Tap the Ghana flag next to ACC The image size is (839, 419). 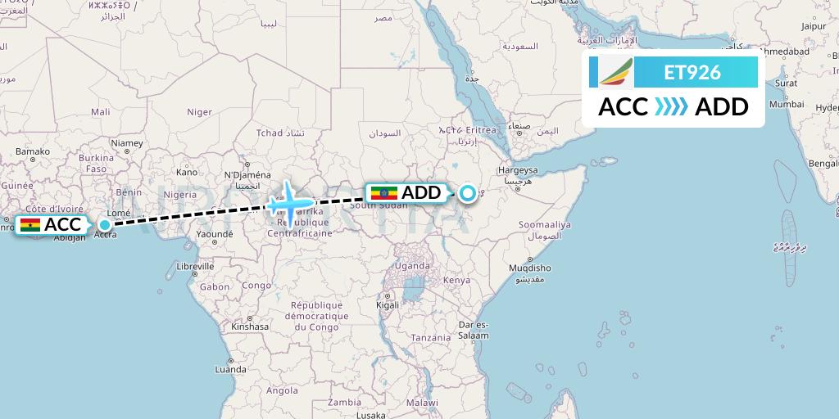(x=30, y=225)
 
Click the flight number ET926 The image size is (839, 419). (x=692, y=73)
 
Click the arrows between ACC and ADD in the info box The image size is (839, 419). (x=671, y=107)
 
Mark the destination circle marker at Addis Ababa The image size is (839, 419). (x=467, y=194)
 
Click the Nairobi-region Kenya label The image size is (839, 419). (x=456, y=280)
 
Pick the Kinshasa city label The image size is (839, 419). (x=250, y=326)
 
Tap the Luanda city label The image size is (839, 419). (x=230, y=369)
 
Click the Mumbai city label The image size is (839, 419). (x=786, y=104)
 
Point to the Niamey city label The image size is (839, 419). (x=127, y=143)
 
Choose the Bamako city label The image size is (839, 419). (x=32, y=151)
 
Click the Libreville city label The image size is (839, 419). (x=195, y=266)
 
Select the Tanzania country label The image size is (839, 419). (x=431, y=337)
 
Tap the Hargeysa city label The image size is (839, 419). (x=518, y=170)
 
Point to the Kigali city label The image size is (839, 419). (x=388, y=304)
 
